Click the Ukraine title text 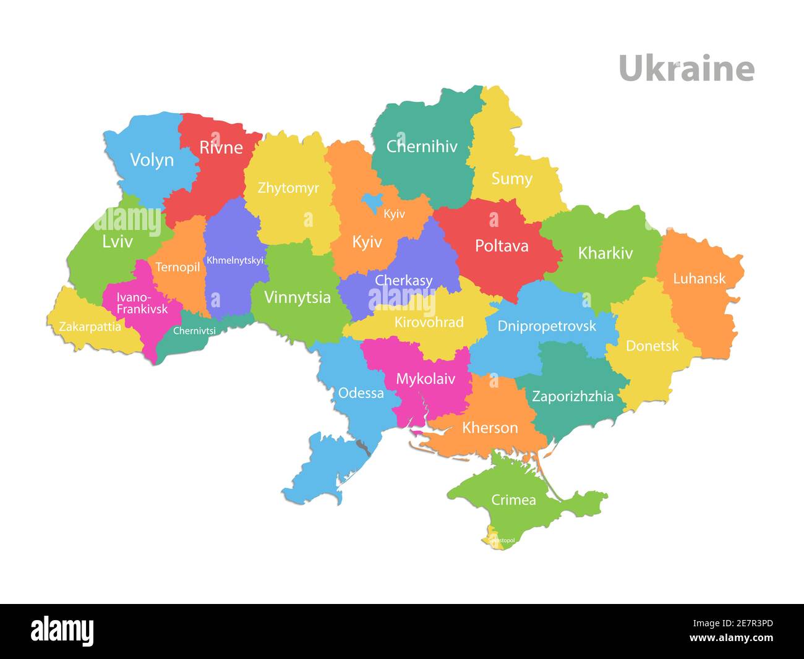point(686,68)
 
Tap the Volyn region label point(152,160)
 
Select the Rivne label point(221,148)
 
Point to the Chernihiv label point(422,147)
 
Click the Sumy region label point(511,179)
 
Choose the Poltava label point(502,246)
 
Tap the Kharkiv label point(605,253)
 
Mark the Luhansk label point(699,278)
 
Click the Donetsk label point(652,346)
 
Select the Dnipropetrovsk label point(547,326)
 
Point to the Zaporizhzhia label point(573,396)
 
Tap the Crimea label point(513,500)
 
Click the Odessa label point(361,393)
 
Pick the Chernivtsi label point(194,331)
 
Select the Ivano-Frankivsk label point(142,303)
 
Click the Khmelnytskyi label point(234,260)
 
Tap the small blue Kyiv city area point(372,201)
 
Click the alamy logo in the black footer point(62,631)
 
